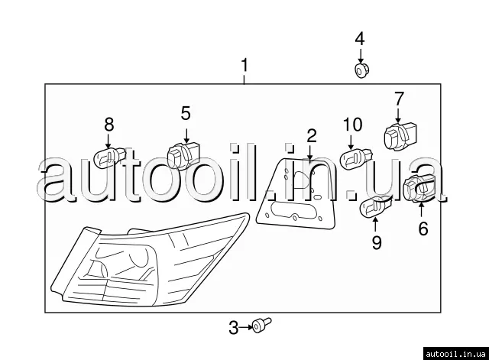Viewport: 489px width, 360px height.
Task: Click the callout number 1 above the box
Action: (244, 65)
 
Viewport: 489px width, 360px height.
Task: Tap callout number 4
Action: (360, 39)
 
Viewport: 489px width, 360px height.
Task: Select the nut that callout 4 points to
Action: (361, 70)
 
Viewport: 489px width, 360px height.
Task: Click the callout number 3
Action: (234, 328)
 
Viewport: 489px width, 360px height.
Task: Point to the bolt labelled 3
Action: (261, 325)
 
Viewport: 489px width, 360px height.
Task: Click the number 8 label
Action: (109, 125)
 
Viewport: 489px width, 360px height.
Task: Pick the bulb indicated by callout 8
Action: (110, 157)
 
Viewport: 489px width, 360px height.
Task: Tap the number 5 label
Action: (186, 113)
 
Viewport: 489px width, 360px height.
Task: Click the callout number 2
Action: (312, 136)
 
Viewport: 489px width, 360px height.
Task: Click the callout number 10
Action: (353, 125)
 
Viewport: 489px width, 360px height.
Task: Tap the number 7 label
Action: (399, 99)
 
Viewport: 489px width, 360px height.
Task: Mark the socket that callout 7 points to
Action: (400, 138)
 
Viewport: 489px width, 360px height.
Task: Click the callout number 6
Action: (423, 229)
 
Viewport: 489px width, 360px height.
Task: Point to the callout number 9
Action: (377, 242)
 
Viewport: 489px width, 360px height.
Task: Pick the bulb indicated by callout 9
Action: (376, 207)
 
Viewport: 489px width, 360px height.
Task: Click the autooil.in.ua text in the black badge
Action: (455, 354)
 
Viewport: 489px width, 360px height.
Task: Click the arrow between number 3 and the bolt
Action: (245, 327)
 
